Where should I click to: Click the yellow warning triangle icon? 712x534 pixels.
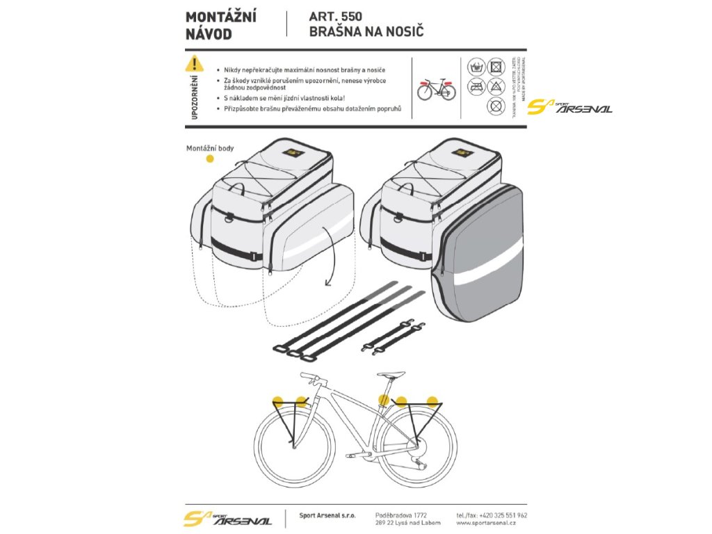tap(195, 65)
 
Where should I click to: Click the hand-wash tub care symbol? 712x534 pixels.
tap(476, 67)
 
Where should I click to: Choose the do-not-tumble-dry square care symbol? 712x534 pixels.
tap(496, 67)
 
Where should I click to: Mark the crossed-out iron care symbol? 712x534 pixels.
tap(476, 87)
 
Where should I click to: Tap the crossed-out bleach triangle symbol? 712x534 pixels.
tap(496, 87)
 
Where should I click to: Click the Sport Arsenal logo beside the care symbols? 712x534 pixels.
tap(569, 107)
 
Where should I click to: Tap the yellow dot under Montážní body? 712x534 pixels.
tap(210, 159)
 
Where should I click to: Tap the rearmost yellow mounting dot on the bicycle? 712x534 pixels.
tap(433, 401)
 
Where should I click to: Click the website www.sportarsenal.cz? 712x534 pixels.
tap(491, 525)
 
